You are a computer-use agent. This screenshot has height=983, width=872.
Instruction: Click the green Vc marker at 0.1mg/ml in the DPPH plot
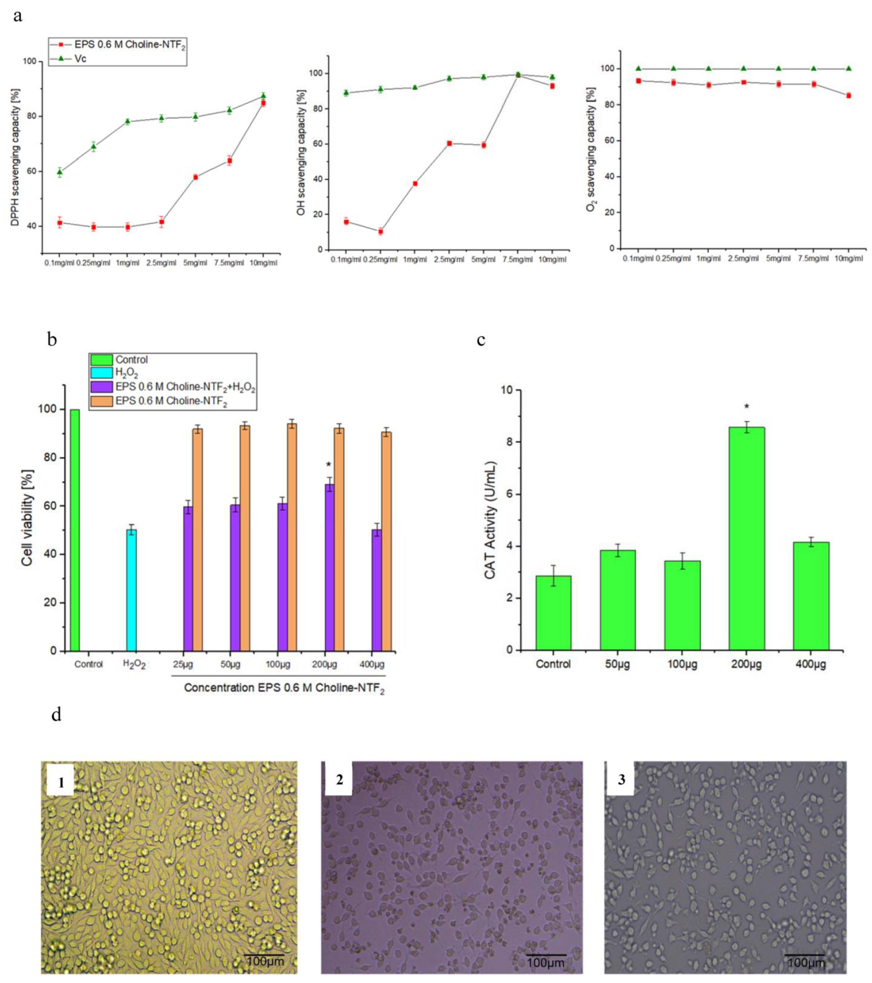(x=60, y=172)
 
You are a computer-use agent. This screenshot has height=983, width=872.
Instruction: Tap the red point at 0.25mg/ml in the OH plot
(x=380, y=231)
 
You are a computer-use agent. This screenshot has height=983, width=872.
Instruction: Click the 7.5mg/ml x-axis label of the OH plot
(x=518, y=260)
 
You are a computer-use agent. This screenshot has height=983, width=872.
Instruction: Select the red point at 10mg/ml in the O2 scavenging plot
(x=849, y=95)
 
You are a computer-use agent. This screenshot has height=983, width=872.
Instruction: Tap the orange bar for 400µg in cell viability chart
(x=386, y=541)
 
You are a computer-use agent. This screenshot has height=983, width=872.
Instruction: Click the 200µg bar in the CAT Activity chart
(x=746, y=539)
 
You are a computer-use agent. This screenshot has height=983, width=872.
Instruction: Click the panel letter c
(x=481, y=340)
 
